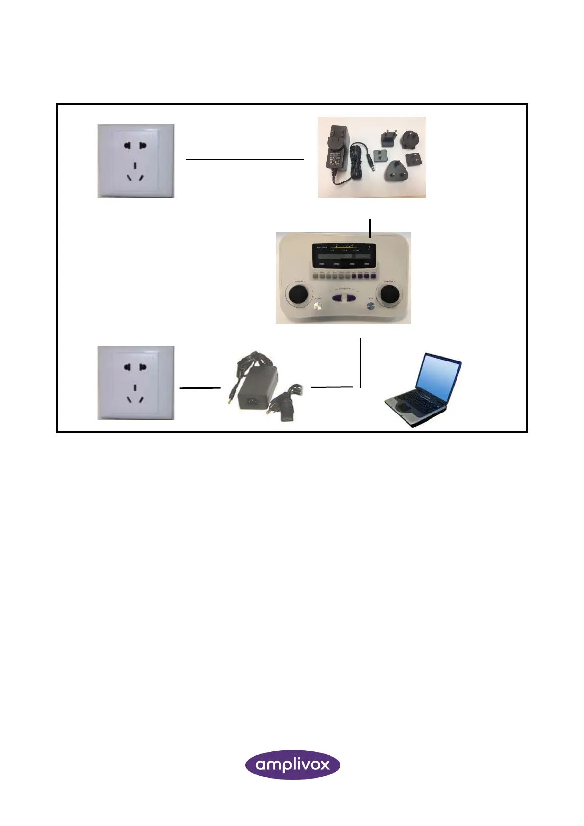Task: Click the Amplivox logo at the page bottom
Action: pyautogui.click(x=292, y=764)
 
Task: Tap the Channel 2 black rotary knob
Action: pyautogui.click(x=390, y=295)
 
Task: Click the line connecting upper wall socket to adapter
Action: pyautogui.click(x=245, y=159)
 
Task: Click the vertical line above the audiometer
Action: pyautogui.click(x=370, y=228)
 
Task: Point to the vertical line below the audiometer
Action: pyautogui.click(x=361, y=362)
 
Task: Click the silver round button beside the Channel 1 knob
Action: pyautogui.click(x=317, y=307)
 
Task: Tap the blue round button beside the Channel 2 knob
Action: pyautogui.click(x=371, y=306)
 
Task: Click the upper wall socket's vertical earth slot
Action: pyautogui.click(x=135, y=166)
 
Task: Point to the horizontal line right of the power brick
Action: pyautogui.click(x=332, y=387)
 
